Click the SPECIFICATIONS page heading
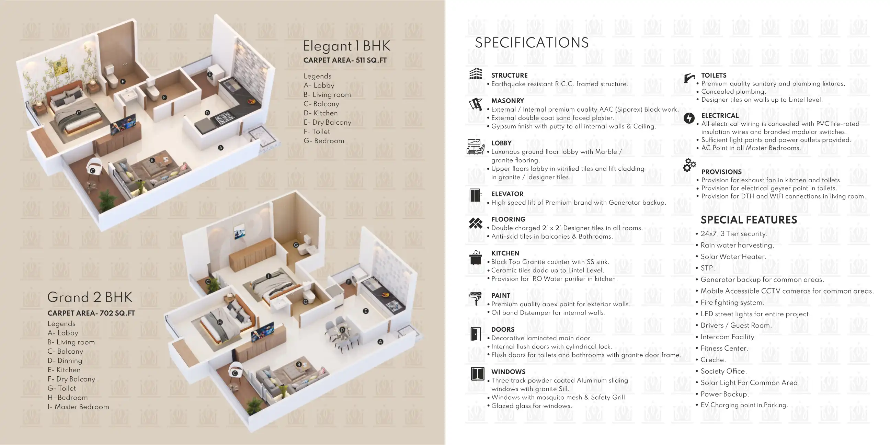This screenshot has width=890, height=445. pyautogui.click(x=532, y=43)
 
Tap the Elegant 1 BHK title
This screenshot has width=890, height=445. pyautogui.click(x=346, y=46)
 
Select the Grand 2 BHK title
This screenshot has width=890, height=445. pyautogui.click(x=90, y=297)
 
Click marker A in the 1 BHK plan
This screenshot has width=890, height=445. pyautogui.click(x=221, y=148)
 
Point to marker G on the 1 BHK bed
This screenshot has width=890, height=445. pyautogui.click(x=79, y=113)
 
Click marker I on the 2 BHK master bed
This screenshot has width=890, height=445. pyautogui.click(x=269, y=276)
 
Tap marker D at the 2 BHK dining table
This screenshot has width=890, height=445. pyautogui.click(x=342, y=330)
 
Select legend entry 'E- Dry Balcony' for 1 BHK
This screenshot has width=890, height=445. pyautogui.click(x=327, y=122)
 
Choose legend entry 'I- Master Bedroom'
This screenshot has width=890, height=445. pyautogui.click(x=78, y=407)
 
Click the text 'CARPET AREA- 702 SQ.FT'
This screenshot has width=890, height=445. pyautogui.click(x=91, y=313)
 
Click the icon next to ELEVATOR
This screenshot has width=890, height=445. pyautogui.click(x=476, y=196)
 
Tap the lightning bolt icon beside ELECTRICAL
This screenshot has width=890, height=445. pyautogui.click(x=689, y=118)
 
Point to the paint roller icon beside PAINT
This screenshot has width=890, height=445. pyautogui.click(x=476, y=298)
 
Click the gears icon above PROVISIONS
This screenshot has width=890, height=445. pyautogui.click(x=689, y=165)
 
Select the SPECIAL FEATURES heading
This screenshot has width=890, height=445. pyautogui.click(x=749, y=220)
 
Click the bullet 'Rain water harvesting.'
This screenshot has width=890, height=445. pyautogui.click(x=737, y=245)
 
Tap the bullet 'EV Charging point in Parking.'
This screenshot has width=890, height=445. pyautogui.click(x=744, y=405)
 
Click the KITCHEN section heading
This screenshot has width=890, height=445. pyautogui.click(x=505, y=253)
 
